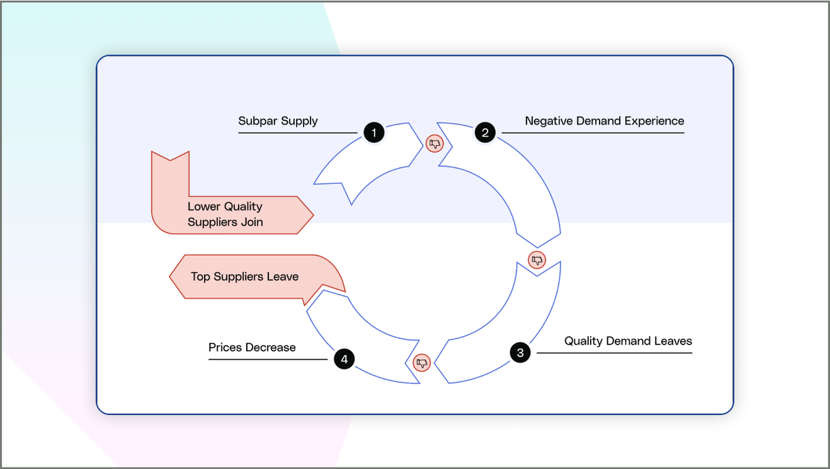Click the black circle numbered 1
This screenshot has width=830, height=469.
tap(373, 132)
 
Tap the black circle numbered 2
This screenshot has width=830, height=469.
tap(485, 132)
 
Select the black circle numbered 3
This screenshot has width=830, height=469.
tap(519, 352)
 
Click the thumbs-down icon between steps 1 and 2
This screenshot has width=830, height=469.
tap(434, 143)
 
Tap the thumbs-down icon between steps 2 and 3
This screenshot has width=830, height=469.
tap(537, 260)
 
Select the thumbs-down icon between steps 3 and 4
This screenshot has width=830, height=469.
tap(422, 362)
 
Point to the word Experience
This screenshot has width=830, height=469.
tap(654, 121)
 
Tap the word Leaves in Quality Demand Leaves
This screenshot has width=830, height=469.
tap(674, 341)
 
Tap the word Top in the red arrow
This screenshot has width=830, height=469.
tap(201, 277)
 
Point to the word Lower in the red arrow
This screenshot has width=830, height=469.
tap(204, 207)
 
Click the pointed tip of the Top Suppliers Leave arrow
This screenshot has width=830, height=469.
tap(171, 277)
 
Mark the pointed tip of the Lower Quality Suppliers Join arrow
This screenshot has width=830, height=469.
tap(313, 214)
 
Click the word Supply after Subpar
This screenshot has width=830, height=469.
tap(299, 121)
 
